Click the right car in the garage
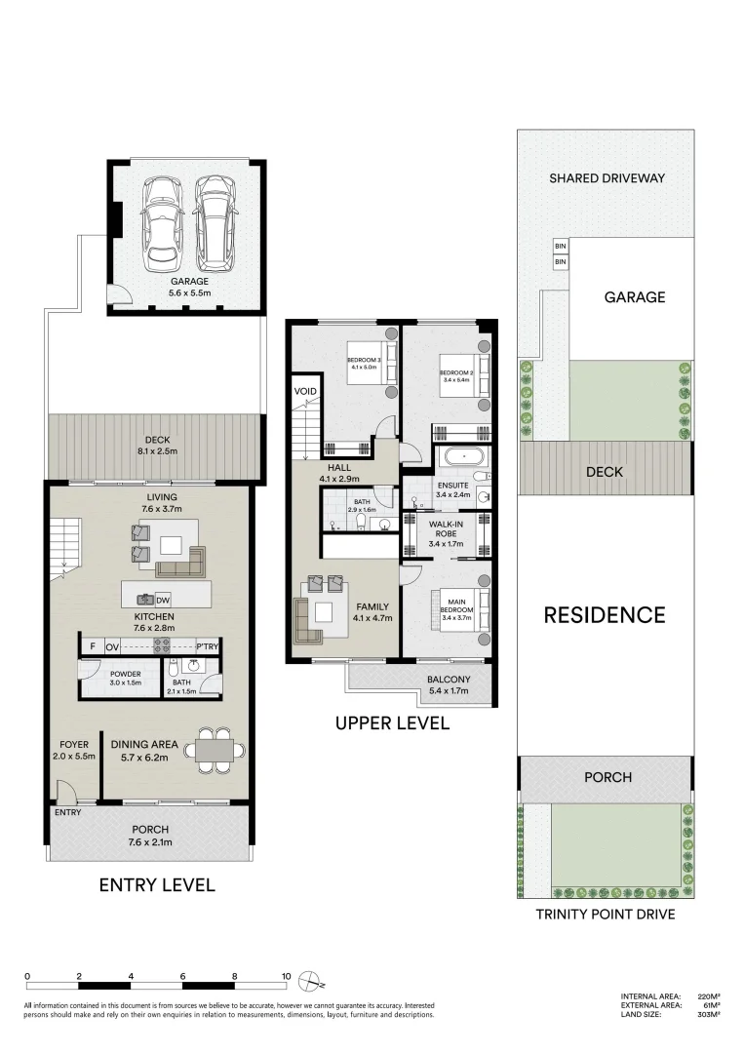pyautogui.click(x=213, y=225)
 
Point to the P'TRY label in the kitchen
pyautogui.click(x=207, y=646)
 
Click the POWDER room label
pyautogui.click(x=126, y=679)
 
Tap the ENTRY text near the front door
pyautogui.click(x=68, y=812)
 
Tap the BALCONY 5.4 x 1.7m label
pyautogui.click(x=449, y=685)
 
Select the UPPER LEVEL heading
pyautogui.click(x=391, y=723)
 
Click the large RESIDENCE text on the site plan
pyautogui.click(x=604, y=615)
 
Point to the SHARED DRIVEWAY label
pyautogui.click(x=606, y=178)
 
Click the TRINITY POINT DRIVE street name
pyautogui.click(x=605, y=916)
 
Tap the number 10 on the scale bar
pyautogui.click(x=286, y=976)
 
